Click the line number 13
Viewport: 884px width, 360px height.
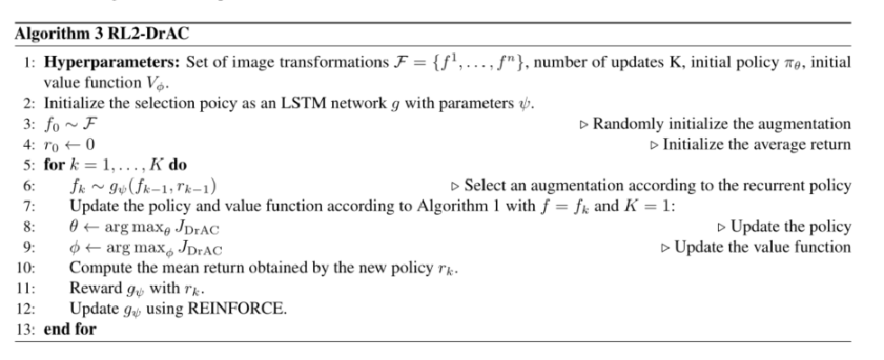[x=28, y=328]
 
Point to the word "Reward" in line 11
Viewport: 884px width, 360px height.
[x=93, y=289]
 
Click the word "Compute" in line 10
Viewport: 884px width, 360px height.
[x=99, y=268]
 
